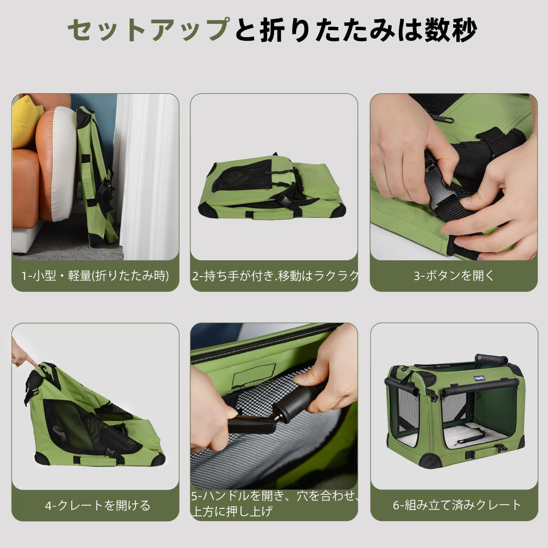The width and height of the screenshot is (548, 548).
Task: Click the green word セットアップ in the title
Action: pyautogui.click(x=148, y=30)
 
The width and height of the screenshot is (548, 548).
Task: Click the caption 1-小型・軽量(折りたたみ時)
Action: pyautogui.click(x=95, y=276)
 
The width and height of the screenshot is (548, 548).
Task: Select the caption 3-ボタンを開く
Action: pyautogui.click(x=454, y=276)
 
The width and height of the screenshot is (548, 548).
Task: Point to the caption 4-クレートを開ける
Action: pyautogui.click(x=98, y=505)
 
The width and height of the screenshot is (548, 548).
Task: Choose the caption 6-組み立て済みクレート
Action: pyautogui.click(x=457, y=505)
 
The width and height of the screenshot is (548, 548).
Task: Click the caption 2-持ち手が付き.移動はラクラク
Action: pyautogui.click(x=275, y=276)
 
